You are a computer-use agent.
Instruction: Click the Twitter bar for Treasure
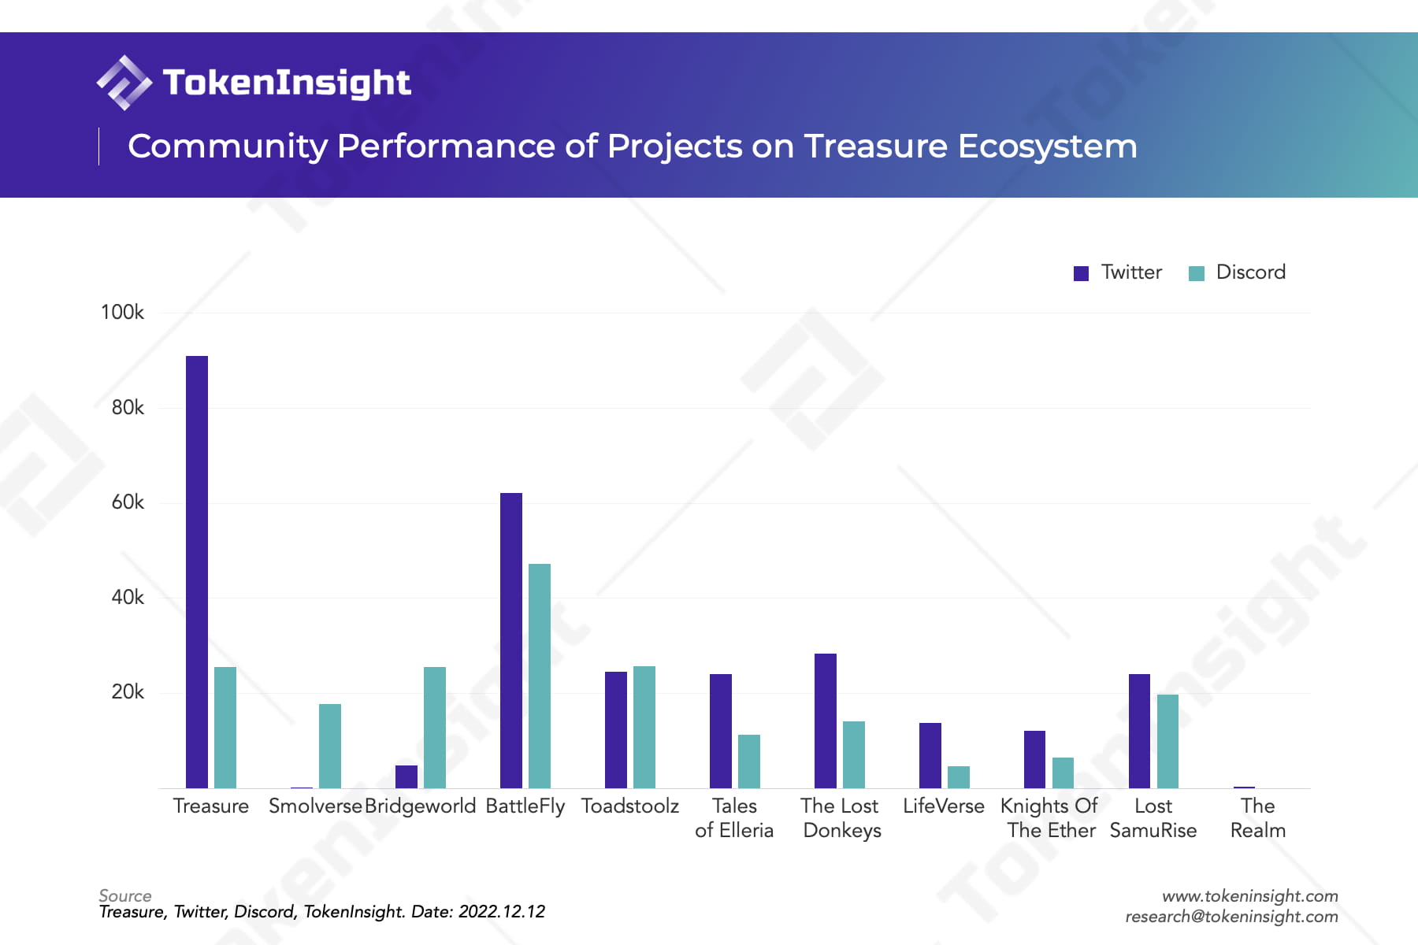[197, 572]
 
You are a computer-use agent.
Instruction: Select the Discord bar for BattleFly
[540, 676]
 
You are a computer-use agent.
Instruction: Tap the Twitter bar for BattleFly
[511, 640]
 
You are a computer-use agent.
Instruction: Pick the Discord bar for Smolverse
[330, 746]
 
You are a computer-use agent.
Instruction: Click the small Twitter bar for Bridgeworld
[406, 776]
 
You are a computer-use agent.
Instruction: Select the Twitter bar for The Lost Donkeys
[826, 721]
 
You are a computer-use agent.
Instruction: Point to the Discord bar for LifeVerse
[959, 776]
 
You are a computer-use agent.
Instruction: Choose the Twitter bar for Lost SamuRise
[1139, 731]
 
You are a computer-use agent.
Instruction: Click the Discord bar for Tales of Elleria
[749, 761]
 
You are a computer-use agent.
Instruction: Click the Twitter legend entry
[1119, 272]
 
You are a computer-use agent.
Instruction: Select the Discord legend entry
[1238, 272]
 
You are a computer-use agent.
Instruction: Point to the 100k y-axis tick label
[122, 313]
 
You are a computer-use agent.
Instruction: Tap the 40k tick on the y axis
[128, 598]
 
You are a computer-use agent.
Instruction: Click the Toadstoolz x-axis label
[629, 806]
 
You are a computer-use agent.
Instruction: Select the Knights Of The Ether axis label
[1049, 818]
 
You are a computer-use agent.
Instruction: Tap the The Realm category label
[1257, 818]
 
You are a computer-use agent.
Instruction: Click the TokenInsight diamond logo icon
[124, 83]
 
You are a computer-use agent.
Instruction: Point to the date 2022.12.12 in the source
[502, 912]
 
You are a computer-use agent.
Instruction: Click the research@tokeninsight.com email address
[1231, 917]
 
